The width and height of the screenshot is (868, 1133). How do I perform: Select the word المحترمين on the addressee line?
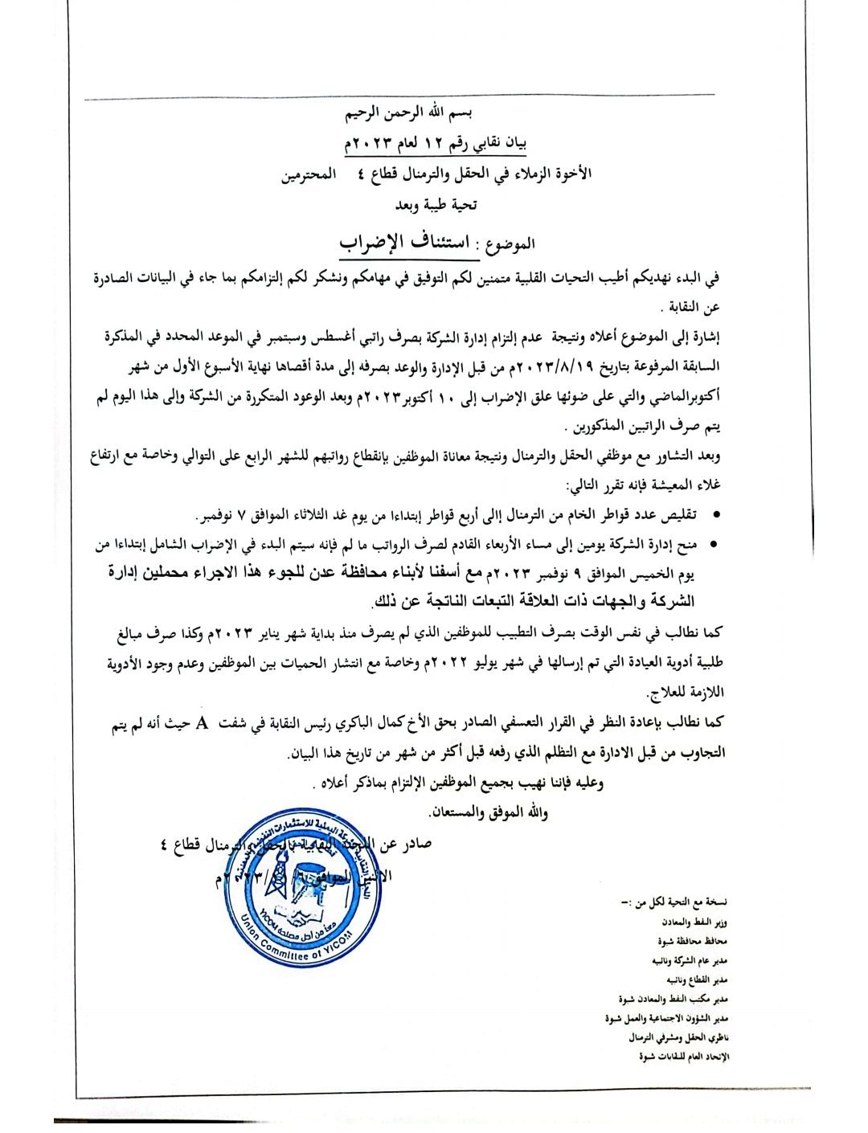307,174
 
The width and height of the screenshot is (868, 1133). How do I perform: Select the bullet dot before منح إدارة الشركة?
715,546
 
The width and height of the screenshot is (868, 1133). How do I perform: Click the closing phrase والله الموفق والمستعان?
489,812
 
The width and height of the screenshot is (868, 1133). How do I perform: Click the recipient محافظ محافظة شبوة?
692,941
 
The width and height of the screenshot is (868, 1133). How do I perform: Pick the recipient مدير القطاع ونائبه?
696,980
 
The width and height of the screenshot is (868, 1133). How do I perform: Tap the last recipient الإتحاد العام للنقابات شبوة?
684,1057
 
